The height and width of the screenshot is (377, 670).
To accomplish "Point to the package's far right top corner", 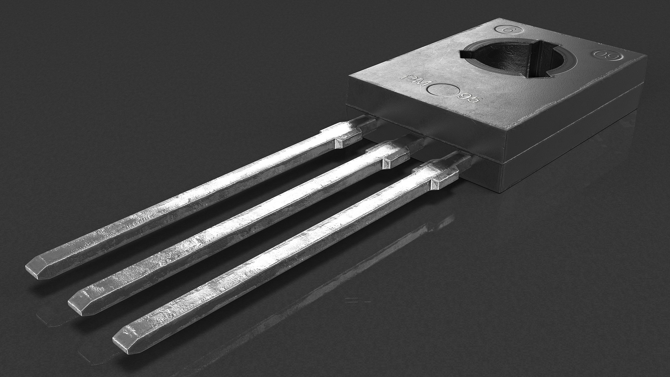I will pyautogui.click(x=646, y=56).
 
